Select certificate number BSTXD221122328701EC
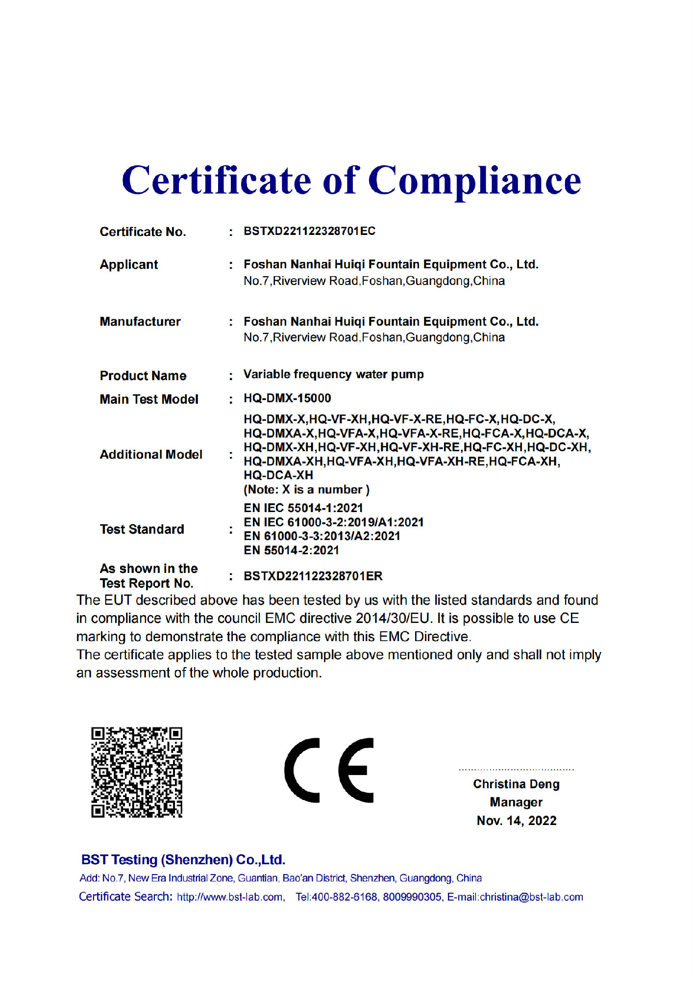click(309, 231)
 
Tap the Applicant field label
click(129, 265)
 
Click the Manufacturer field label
click(140, 322)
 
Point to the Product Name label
click(143, 376)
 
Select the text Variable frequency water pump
click(333, 375)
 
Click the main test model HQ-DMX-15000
click(287, 398)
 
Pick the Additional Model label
click(151, 455)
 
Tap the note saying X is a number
click(306, 490)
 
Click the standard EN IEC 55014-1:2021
click(303, 508)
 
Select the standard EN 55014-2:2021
click(291, 550)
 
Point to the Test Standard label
click(142, 529)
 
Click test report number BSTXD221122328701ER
click(313, 576)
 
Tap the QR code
click(137, 772)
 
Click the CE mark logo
click(329, 770)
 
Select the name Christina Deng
click(516, 784)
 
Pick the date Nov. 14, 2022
click(516, 821)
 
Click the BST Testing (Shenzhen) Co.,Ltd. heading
click(183, 860)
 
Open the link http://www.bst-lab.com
click(230, 897)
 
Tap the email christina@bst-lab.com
click(531, 897)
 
